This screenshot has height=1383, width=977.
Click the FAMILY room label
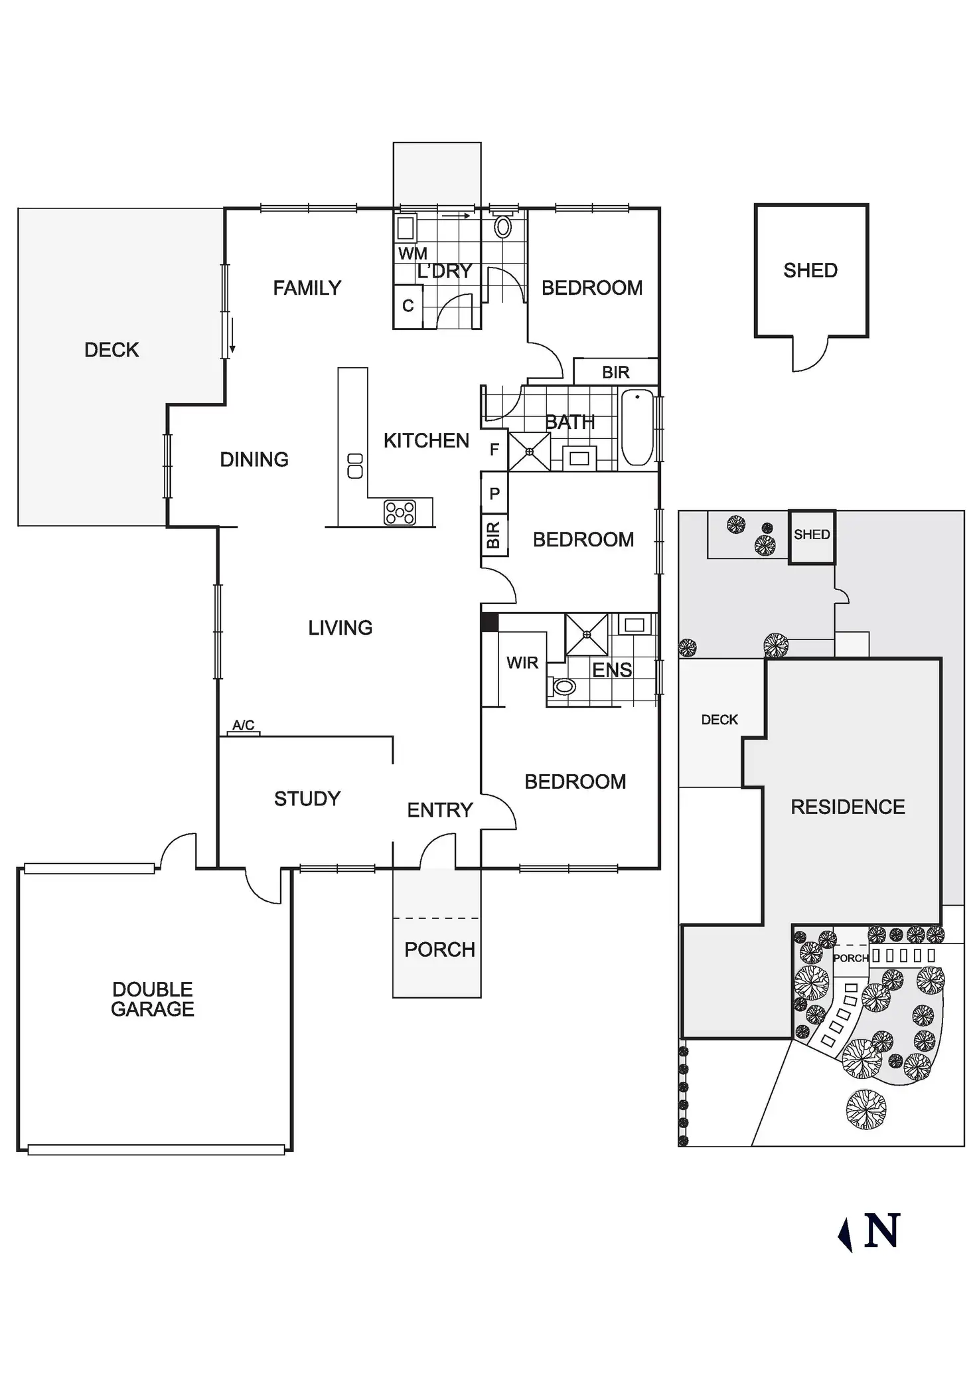tap(307, 288)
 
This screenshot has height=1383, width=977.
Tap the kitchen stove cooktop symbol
tap(400, 513)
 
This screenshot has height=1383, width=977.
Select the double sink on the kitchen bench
tap(355, 466)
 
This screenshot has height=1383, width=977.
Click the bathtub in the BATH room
tap(637, 428)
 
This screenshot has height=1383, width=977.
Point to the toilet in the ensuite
tap(562, 687)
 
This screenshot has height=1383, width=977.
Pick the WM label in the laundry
tap(412, 254)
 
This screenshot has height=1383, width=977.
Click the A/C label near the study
tap(244, 725)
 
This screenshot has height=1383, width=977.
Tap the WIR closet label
tap(522, 663)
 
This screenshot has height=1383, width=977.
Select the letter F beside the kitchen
tap(494, 450)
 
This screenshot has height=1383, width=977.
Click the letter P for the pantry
tap(494, 493)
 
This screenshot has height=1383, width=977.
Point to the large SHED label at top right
tap(810, 270)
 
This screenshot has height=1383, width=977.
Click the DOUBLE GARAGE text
tap(153, 999)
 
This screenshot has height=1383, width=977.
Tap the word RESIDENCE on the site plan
tap(848, 807)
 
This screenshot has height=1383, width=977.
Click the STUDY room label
tap(307, 799)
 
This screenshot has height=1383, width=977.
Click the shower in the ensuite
tap(586, 635)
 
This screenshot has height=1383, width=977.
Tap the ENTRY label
tap(439, 810)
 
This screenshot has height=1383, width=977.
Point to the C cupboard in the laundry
tap(408, 306)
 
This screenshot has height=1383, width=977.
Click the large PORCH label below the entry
tap(439, 949)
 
